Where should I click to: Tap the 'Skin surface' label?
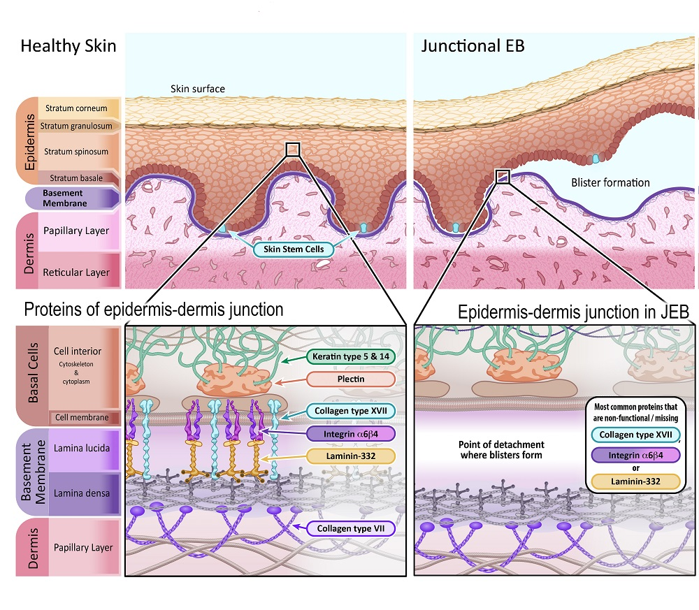(x=198, y=89)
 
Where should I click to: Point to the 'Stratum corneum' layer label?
(x=76, y=108)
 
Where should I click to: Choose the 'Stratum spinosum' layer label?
(x=76, y=152)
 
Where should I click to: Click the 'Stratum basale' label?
(x=76, y=178)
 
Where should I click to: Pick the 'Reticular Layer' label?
(x=77, y=273)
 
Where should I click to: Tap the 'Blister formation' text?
(x=610, y=183)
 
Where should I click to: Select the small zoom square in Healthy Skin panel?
(x=293, y=149)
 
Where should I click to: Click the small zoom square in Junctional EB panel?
(x=502, y=175)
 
